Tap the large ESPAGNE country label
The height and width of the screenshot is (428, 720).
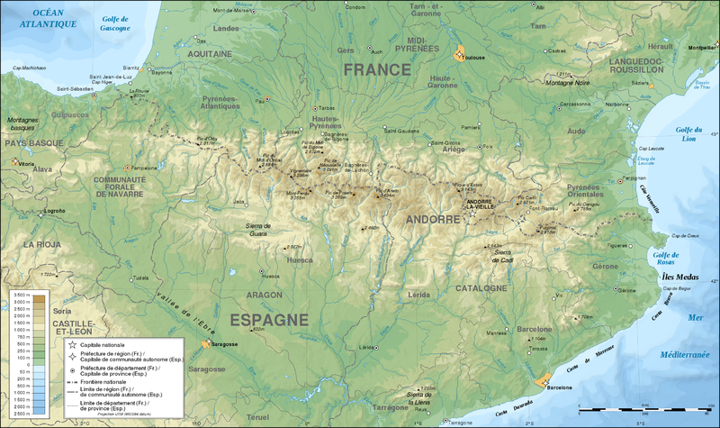tap(270, 320)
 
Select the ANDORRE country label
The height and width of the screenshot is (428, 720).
tap(433, 219)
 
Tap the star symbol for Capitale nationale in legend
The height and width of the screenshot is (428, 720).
tap(72, 343)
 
